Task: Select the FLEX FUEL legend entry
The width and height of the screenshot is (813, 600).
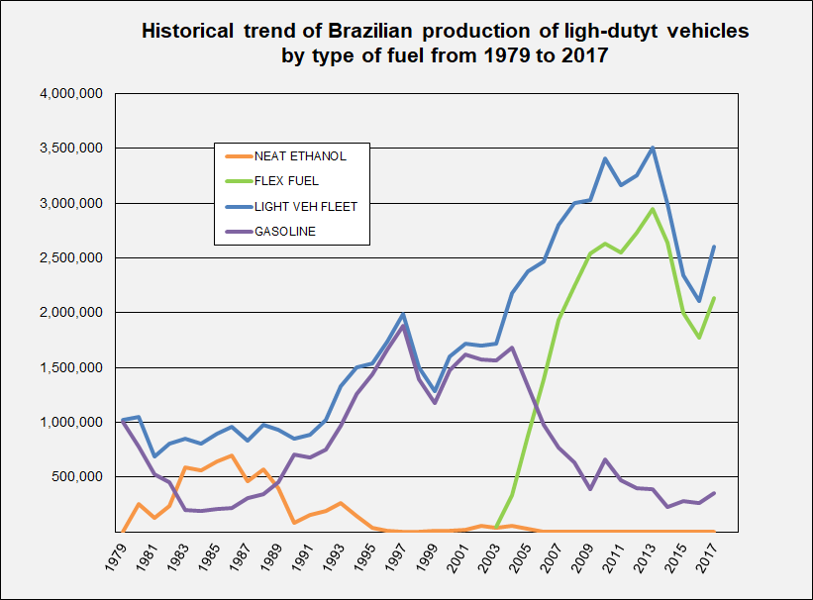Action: pos(287,180)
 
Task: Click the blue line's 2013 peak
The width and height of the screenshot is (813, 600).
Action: pos(652,149)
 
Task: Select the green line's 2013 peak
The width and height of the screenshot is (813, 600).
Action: pos(652,209)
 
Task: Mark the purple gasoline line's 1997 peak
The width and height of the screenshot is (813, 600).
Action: pos(403,326)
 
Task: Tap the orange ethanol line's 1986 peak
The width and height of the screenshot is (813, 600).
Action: pos(232,455)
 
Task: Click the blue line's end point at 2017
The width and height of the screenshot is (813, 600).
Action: pos(714,247)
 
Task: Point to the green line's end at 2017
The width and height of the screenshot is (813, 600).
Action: pos(714,298)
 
